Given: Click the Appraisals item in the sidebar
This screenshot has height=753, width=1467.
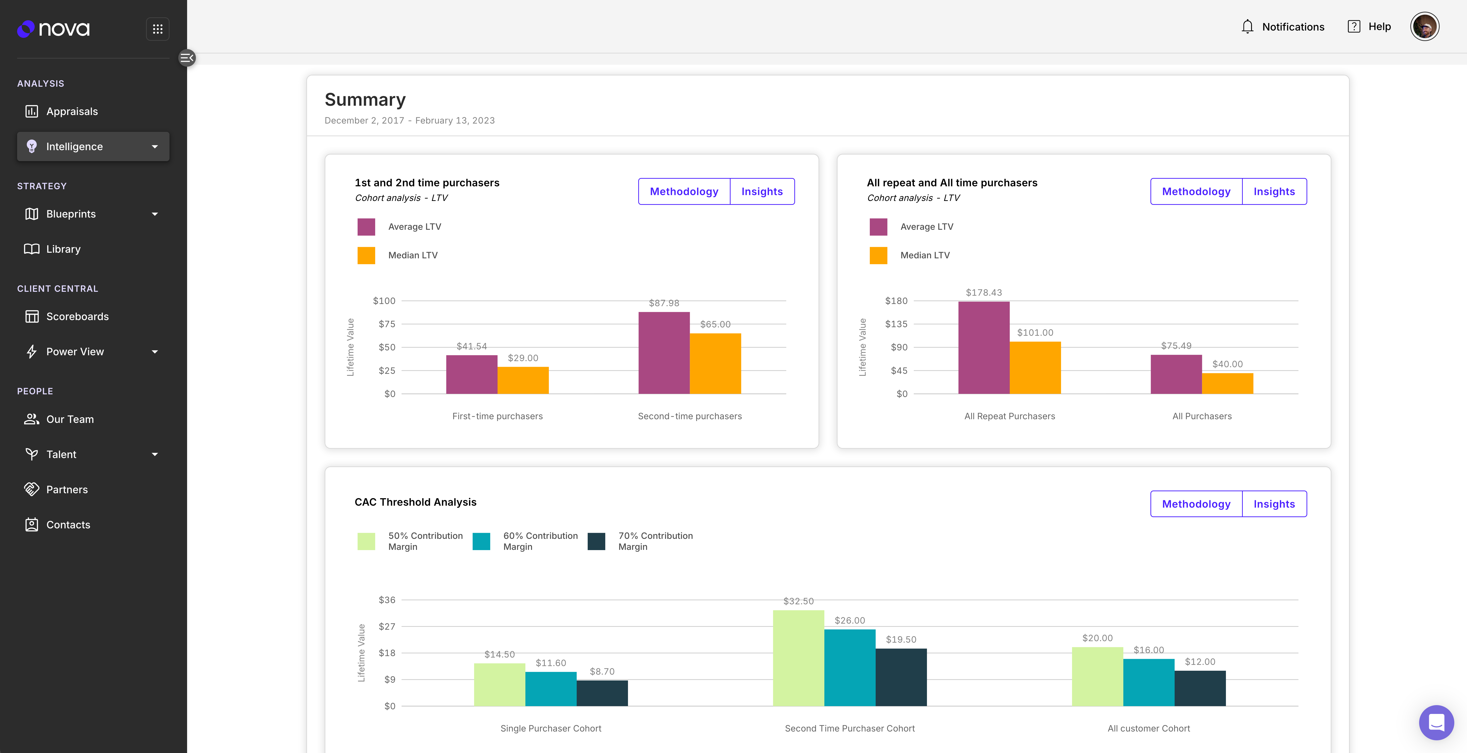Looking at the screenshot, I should click(72, 112).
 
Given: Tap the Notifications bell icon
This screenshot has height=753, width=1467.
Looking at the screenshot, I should click(1247, 27).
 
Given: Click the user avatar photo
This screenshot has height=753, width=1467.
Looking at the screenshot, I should click(1424, 27).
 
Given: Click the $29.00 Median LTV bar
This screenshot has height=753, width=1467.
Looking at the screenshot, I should click(523, 380).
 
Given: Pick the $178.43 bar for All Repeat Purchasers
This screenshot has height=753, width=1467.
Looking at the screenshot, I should click(984, 348).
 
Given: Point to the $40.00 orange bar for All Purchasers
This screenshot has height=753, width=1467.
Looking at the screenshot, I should click(1227, 384).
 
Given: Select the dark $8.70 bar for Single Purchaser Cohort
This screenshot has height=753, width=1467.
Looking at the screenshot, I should click(602, 693).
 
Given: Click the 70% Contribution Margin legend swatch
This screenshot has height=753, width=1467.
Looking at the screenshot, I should click(596, 541).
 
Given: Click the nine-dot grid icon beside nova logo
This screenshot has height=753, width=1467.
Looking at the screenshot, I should click(158, 29).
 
